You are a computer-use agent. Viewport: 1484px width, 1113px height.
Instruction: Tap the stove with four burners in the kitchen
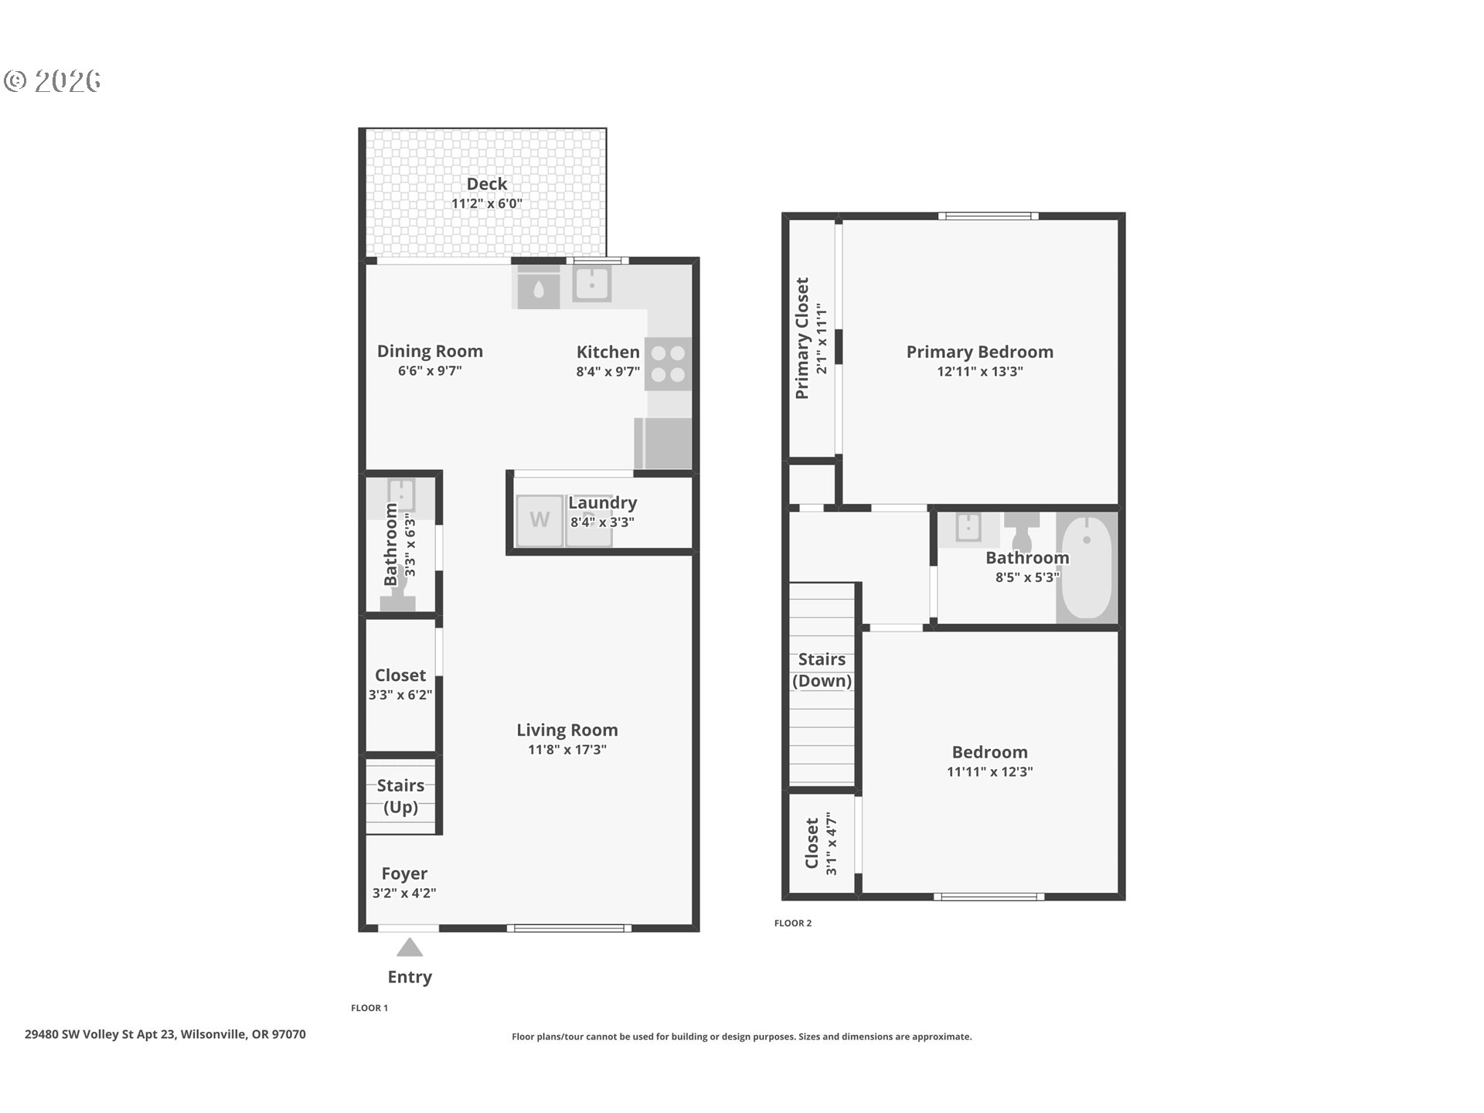tap(668, 364)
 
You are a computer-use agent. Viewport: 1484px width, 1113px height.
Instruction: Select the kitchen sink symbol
tap(592, 284)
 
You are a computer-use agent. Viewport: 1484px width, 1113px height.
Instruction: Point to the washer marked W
tap(539, 519)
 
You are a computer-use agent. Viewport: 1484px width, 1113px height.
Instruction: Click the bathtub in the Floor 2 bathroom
tap(1087, 567)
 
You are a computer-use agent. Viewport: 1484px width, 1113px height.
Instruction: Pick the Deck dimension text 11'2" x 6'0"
tap(487, 204)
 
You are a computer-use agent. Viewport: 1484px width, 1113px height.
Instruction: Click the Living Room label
tap(567, 730)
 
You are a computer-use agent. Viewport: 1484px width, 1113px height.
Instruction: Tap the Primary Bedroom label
tap(980, 352)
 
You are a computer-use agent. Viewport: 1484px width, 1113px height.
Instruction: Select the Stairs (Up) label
tap(401, 796)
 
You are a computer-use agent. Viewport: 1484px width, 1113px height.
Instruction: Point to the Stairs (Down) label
tap(822, 670)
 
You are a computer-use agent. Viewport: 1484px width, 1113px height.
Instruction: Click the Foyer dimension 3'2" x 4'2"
tap(404, 893)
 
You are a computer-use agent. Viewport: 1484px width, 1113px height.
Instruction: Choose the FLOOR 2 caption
tap(793, 923)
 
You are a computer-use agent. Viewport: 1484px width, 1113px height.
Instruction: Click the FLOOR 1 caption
tap(369, 1008)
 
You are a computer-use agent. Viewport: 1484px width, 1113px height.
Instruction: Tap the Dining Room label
tap(430, 351)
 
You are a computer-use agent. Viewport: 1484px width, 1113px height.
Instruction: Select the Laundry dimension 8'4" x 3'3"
tap(602, 522)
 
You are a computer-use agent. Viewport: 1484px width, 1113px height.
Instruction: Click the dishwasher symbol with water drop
tap(539, 288)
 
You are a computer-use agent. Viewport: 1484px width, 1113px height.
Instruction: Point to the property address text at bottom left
tap(165, 1034)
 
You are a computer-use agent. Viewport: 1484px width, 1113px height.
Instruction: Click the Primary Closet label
tap(802, 339)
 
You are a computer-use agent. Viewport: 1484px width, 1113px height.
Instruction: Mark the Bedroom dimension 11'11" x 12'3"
tap(990, 771)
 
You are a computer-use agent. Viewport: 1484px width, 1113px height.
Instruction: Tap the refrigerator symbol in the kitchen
tap(663, 444)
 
